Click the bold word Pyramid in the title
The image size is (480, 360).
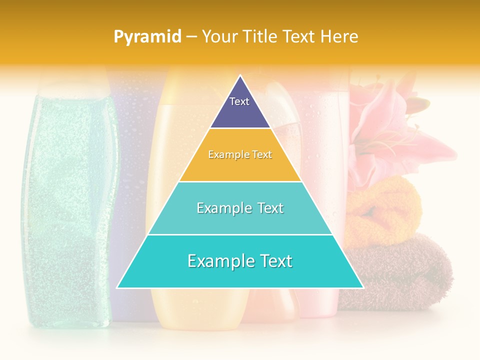click(147, 36)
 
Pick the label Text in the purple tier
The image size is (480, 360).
click(239, 101)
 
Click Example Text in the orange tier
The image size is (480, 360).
click(240, 154)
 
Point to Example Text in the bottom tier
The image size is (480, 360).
click(240, 261)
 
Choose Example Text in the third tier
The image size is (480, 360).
click(240, 208)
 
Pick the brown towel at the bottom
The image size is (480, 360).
click(395, 270)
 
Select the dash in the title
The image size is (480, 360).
click(191, 36)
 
